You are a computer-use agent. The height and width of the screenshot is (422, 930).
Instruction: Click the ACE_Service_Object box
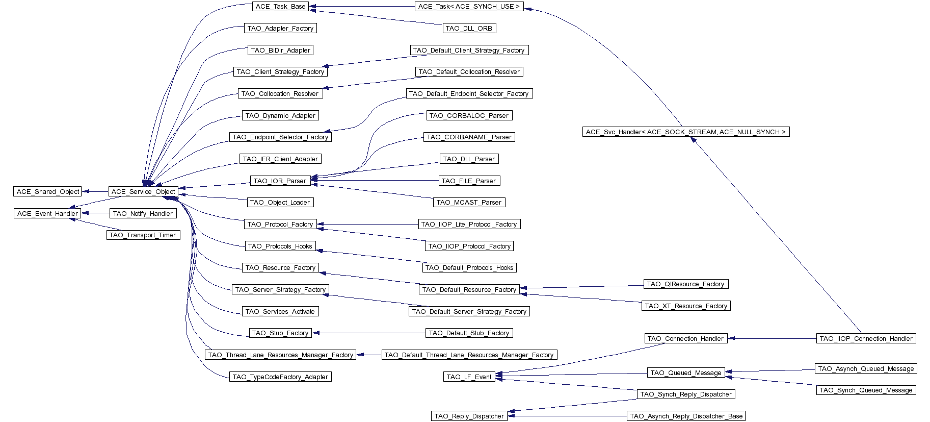[143, 192]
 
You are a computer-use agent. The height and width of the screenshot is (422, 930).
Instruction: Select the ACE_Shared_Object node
[48, 192]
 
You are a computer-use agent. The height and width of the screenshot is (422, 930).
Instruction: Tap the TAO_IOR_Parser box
[280, 181]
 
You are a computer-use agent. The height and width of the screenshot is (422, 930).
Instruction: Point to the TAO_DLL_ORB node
[469, 29]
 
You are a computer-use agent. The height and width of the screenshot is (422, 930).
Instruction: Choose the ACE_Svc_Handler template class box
[686, 132]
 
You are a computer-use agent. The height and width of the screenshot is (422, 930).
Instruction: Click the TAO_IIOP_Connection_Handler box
[866, 339]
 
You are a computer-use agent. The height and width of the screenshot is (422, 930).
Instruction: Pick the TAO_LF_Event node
[469, 377]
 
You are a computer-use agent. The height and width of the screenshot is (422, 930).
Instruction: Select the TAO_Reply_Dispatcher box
[469, 416]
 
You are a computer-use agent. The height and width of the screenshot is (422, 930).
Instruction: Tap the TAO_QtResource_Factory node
[685, 284]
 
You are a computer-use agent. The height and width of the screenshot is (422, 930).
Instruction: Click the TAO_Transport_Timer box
[143, 235]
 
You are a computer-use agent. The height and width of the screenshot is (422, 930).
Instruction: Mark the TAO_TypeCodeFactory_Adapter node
[280, 377]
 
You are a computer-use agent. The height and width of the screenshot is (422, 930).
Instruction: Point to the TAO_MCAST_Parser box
[469, 203]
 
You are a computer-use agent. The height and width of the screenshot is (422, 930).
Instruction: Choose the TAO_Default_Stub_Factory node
[469, 333]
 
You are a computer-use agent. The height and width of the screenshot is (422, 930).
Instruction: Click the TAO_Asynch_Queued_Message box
[866, 369]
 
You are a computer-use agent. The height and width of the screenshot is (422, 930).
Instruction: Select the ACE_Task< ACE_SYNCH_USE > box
[469, 7]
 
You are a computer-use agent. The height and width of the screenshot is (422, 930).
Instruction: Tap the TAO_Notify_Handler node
[143, 214]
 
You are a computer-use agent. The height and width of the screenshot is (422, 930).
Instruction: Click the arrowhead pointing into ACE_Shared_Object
[86, 192]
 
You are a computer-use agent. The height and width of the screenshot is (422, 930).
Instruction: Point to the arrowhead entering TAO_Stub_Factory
[316, 333]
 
